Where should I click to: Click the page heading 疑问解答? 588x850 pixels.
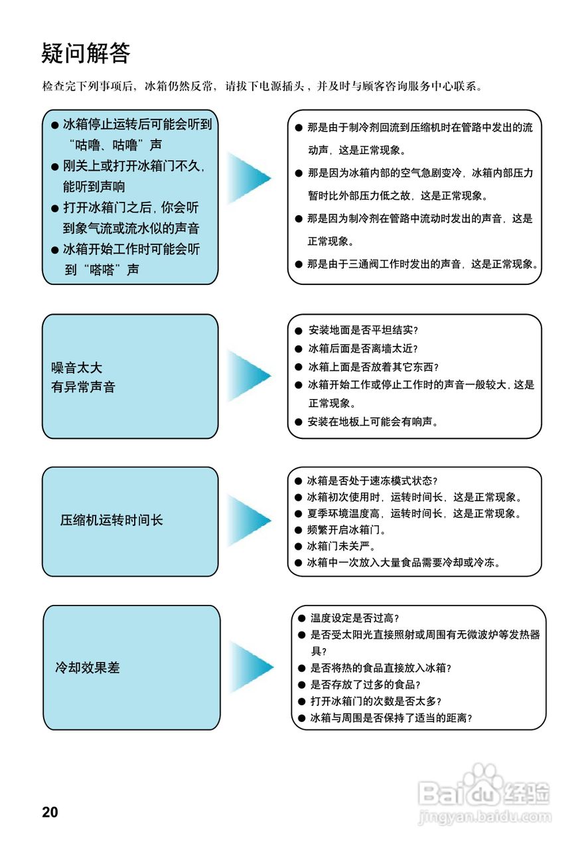pos(86,53)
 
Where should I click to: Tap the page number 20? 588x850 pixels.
pos(50,812)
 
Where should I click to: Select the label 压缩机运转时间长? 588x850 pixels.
pos(111,520)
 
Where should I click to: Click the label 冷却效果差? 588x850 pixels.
pos(87,667)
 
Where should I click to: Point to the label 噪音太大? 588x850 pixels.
pos(76,367)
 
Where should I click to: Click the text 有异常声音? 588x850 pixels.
pos(83,386)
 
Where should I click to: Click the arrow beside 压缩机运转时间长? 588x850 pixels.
pos(249,521)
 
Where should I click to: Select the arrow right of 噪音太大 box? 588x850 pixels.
pos(249,375)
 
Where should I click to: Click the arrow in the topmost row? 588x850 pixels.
pos(249,177)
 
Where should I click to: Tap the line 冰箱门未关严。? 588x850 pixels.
pos(342,547)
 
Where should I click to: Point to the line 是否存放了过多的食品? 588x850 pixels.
pos(366,684)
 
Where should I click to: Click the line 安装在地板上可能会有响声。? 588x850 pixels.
pos(373,421)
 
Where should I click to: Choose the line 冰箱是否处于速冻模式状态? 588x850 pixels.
pos(372,481)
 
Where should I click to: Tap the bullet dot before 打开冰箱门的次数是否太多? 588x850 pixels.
pos(302,701)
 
